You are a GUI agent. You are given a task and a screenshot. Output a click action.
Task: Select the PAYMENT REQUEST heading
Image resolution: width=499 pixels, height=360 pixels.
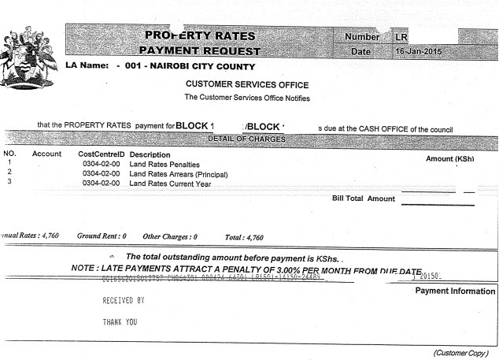click(x=202, y=51)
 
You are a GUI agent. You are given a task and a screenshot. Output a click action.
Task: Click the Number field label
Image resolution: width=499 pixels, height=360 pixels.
click(x=362, y=37)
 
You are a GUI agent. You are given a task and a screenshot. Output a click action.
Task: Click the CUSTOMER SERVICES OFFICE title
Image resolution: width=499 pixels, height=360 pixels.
click(x=247, y=84)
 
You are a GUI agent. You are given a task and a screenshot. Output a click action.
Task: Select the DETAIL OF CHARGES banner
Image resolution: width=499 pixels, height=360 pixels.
click(x=246, y=139)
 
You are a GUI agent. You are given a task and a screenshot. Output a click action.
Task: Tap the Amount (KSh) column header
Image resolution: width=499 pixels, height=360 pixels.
click(x=449, y=158)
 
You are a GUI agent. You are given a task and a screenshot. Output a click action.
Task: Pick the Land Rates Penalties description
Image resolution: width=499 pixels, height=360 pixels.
click(x=164, y=164)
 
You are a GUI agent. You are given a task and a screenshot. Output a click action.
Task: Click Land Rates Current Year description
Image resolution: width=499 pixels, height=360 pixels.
click(x=170, y=183)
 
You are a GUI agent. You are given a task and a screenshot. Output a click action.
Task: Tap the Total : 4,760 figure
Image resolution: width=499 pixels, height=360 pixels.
click(x=244, y=236)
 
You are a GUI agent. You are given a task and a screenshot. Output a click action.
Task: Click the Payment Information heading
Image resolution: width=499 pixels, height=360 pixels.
click(x=455, y=291)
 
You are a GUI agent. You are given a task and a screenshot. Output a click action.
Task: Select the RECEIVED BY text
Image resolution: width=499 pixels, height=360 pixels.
click(x=124, y=300)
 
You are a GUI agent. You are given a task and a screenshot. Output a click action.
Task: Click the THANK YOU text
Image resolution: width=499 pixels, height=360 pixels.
click(x=120, y=321)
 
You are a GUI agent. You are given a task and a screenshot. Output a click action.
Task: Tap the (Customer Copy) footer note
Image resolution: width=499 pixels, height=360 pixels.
click(x=460, y=352)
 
